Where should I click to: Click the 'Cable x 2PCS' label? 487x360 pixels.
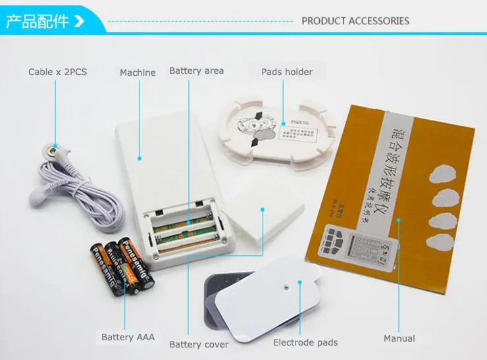point(57,72)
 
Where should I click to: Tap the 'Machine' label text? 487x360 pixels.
point(138,72)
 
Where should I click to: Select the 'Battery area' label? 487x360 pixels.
point(196,71)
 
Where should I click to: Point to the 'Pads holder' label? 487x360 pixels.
point(287,72)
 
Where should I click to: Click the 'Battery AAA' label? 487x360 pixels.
point(128,337)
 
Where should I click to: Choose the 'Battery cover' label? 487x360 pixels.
point(199,344)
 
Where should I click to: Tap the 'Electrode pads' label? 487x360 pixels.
point(305,342)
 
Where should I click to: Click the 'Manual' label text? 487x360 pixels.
point(399,338)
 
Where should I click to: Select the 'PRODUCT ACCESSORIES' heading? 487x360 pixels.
point(355,21)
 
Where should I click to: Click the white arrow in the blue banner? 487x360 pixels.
point(80,21)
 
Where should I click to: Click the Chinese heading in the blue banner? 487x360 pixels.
point(37,21)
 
